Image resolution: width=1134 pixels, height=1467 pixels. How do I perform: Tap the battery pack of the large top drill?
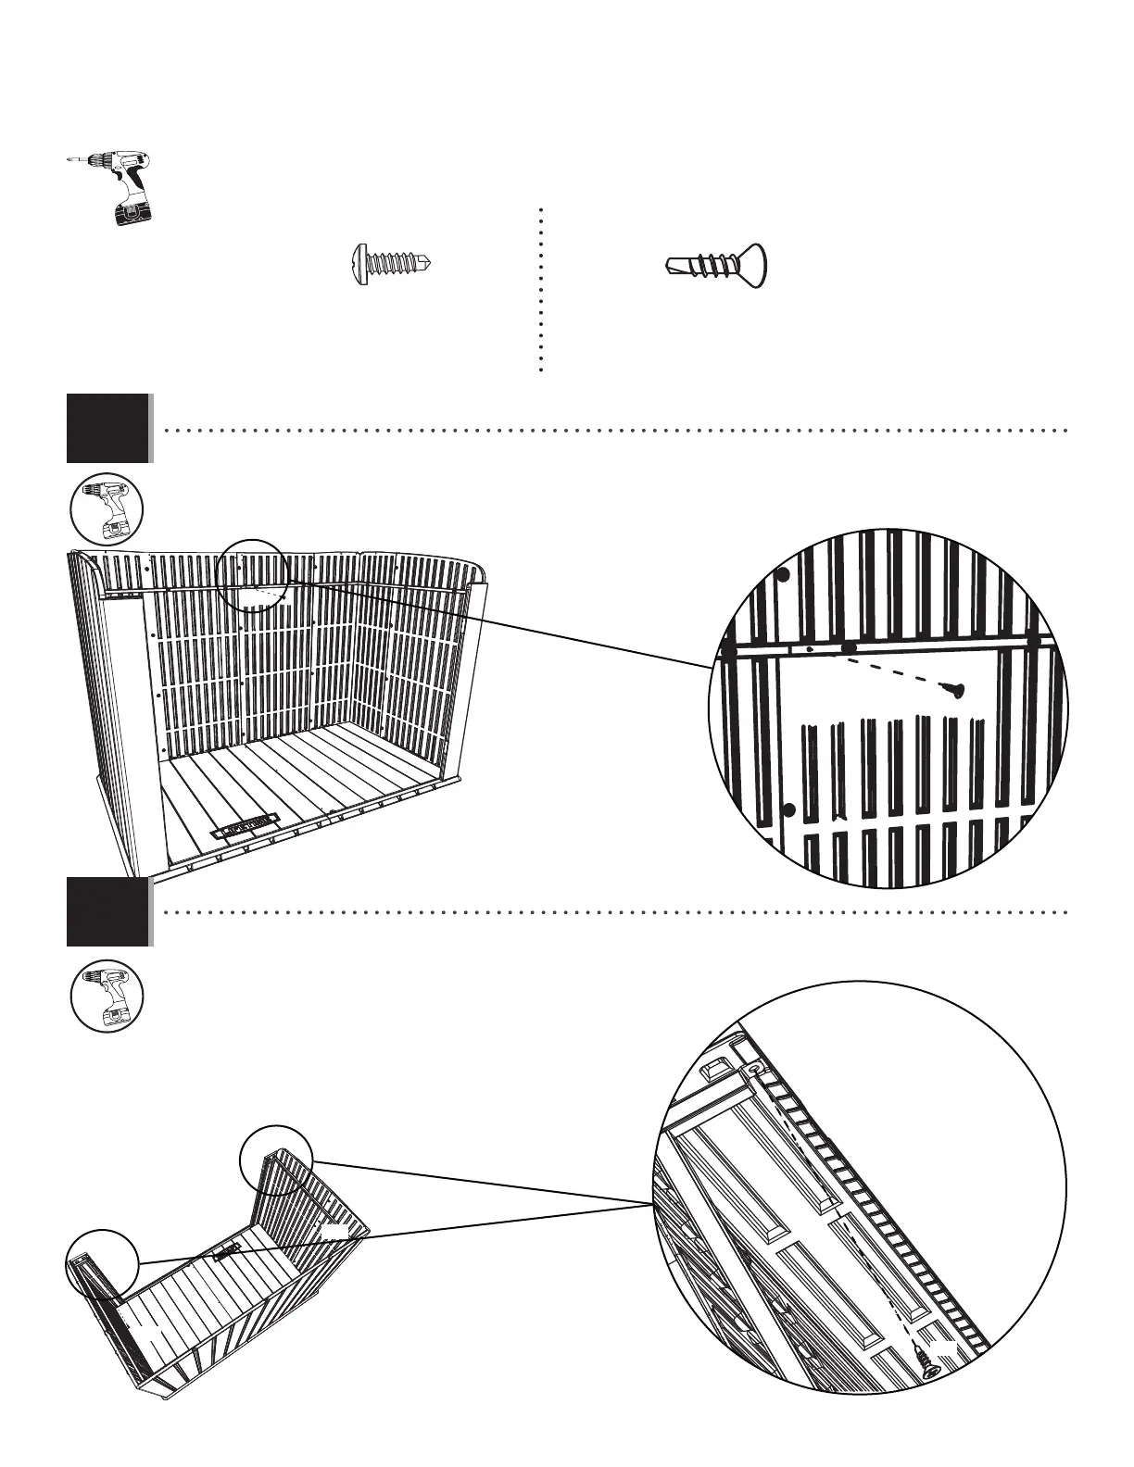[132, 213]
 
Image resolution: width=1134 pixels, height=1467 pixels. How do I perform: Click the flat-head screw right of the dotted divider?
[716, 267]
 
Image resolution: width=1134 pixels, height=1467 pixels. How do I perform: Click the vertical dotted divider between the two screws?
[539, 289]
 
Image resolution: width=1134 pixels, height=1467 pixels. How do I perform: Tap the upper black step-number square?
[107, 428]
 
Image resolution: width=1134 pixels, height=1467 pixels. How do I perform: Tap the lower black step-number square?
[107, 911]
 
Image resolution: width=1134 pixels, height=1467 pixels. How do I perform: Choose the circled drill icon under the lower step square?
[107, 997]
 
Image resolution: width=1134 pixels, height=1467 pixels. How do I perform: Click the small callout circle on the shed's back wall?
[252, 575]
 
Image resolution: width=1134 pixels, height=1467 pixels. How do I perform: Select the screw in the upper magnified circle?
[951, 689]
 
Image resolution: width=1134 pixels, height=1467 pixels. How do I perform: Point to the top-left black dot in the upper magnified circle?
[783, 575]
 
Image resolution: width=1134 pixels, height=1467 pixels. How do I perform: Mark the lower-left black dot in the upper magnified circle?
[789, 810]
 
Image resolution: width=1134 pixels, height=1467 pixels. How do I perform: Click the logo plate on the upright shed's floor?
[246, 826]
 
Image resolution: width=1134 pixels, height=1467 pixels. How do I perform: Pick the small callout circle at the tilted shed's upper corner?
[276, 1160]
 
